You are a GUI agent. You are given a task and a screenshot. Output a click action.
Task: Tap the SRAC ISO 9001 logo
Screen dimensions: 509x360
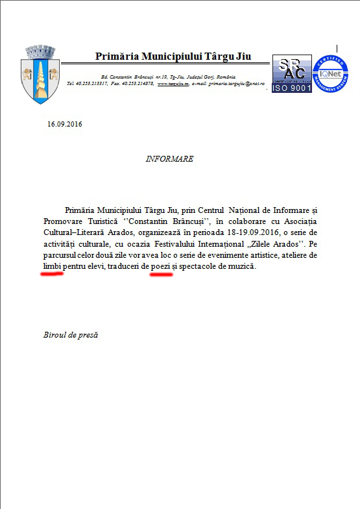pos(291,74)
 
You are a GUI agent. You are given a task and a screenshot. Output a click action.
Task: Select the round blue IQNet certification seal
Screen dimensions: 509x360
pos(330,74)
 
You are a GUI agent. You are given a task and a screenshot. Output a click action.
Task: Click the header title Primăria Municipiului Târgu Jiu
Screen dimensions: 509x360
pos(173,57)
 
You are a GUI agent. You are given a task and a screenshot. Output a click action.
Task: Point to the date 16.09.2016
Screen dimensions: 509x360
pos(65,123)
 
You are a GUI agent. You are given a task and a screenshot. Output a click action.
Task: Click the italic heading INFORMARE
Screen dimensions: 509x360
pos(169,159)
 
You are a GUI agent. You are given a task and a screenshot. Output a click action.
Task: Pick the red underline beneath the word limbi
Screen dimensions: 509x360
pos(52,274)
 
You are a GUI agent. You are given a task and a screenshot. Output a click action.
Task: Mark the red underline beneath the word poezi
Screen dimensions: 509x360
pos(162,275)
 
